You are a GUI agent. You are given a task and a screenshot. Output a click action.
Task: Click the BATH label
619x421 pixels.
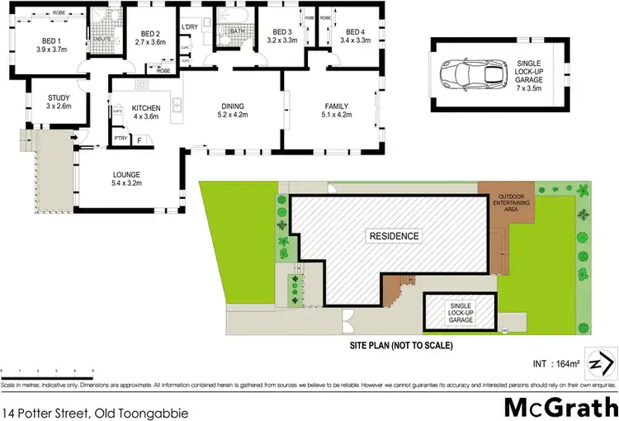[237, 31]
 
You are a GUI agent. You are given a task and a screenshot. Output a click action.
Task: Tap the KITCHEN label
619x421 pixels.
[146, 106]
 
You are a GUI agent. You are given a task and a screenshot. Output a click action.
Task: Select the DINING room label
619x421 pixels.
[233, 106]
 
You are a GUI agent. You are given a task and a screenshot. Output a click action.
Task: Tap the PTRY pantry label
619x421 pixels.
[120, 138]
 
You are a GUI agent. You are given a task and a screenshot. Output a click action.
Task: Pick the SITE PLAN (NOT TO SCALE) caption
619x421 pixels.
[399, 345]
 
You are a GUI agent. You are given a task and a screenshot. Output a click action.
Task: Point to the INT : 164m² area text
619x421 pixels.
[555, 362]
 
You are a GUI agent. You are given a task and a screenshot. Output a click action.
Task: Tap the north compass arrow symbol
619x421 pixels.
[604, 363]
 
